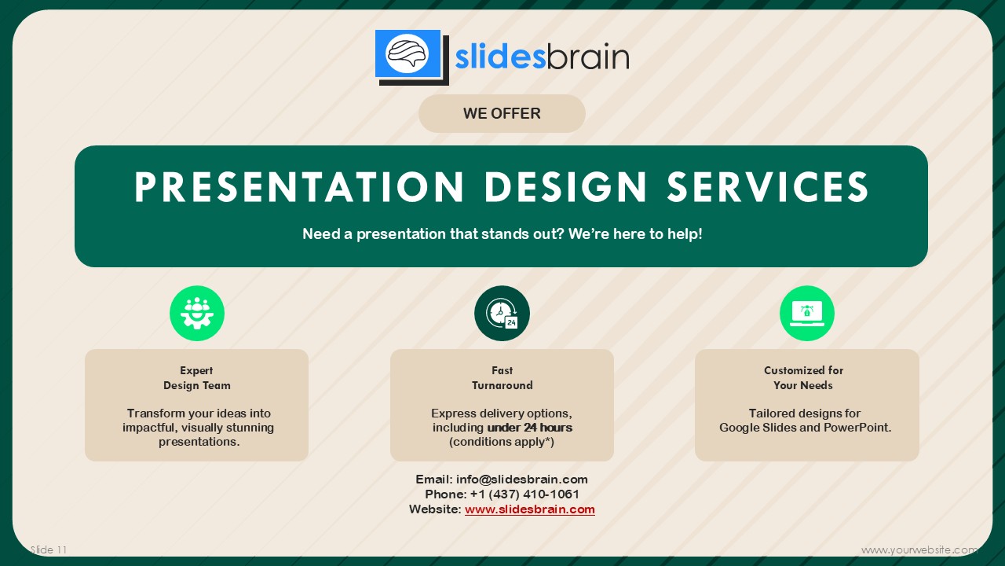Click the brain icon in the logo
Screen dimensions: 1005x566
pyautogui.click(x=407, y=53)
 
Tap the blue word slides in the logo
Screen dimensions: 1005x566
pyautogui.click(x=500, y=57)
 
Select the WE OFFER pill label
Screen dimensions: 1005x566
pyautogui.click(x=502, y=113)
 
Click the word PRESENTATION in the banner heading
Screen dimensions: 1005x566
pyautogui.click(x=299, y=187)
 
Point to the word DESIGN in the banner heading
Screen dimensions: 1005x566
pyautogui.click(x=565, y=187)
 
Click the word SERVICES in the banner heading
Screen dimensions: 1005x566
pyautogui.click(x=768, y=187)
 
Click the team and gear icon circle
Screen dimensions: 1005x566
pyautogui.click(x=197, y=313)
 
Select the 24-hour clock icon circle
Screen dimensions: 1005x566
pyautogui.click(x=502, y=313)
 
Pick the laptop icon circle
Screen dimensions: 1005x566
pyautogui.click(x=806, y=313)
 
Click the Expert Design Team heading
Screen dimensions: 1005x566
pyautogui.click(x=196, y=378)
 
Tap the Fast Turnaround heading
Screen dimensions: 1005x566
pyautogui.click(x=502, y=378)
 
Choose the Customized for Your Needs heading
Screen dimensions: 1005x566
pyautogui.click(x=803, y=378)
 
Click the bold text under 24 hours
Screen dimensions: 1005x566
pyautogui.click(x=530, y=427)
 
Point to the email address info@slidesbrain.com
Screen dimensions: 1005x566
pyautogui.click(x=522, y=480)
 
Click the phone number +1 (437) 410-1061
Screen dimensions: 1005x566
pyautogui.click(x=524, y=494)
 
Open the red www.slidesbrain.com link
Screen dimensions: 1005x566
pyautogui.click(x=530, y=509)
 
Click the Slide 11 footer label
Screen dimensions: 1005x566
pyautogui.click(x=49, y=549)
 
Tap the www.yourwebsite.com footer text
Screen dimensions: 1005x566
pyautogui.click(x=919, y=549)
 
